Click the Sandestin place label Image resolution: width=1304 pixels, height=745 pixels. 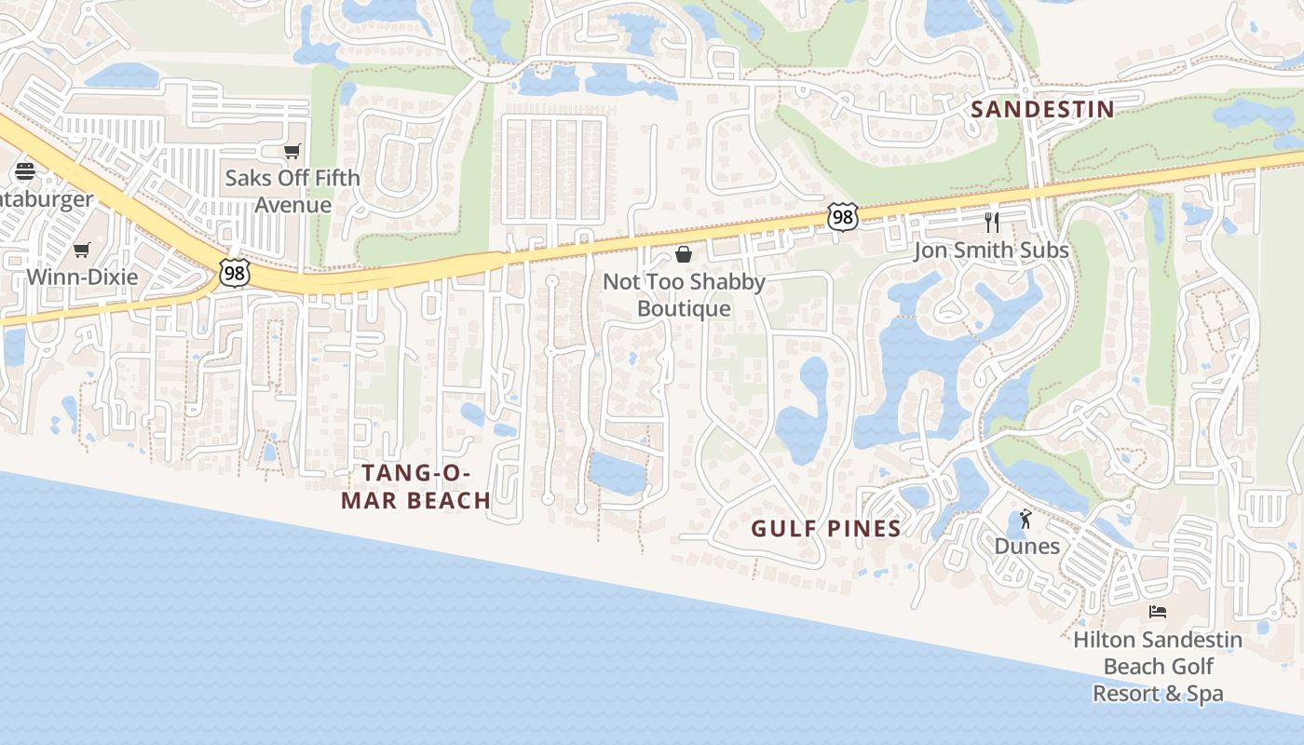tap(1042, 109)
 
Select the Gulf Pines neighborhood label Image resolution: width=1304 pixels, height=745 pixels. tap(826, 529)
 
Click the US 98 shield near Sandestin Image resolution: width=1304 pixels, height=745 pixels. tap(842, 218)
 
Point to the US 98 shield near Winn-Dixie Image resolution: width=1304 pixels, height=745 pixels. tap(235, 274)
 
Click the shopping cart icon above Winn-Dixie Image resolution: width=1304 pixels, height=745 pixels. tap(82, 250)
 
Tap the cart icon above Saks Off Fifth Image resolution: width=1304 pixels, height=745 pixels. tap(292, 151)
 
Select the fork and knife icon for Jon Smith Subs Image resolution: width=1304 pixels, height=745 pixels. tap(992, 223)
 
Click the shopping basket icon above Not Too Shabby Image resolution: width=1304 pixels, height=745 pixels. tap(684, 254)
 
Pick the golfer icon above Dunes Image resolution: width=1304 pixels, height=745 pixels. tap(1026, 519)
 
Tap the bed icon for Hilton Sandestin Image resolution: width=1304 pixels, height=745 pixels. tap(1158, 612)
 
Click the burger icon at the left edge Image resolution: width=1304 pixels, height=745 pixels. tap(25, 170)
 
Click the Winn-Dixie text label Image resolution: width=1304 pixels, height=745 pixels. tap(82, 277)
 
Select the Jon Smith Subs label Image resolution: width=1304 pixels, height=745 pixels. tap(991, 250)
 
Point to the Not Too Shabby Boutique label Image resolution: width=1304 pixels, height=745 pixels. tap(684, 294)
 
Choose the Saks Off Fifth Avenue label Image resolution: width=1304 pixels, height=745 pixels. tap(292, 191)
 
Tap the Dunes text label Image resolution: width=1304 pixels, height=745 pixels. tap(1027, 546)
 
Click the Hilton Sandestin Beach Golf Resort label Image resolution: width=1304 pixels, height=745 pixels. tap(1158, 667)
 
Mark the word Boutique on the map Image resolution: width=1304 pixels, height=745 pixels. tap(684, 308)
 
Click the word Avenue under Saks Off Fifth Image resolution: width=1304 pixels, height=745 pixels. tap(292, 205)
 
